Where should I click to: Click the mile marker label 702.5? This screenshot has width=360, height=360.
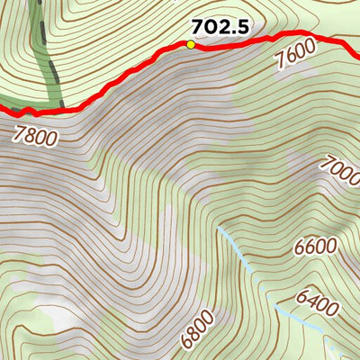220,28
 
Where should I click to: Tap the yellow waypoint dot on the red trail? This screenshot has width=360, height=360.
191,44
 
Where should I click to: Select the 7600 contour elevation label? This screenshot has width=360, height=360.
296,61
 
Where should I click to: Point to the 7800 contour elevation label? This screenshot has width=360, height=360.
36,137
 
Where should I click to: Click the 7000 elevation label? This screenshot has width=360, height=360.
340,171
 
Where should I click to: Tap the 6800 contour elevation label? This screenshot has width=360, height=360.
197,329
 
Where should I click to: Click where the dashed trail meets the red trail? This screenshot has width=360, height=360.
61,108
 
